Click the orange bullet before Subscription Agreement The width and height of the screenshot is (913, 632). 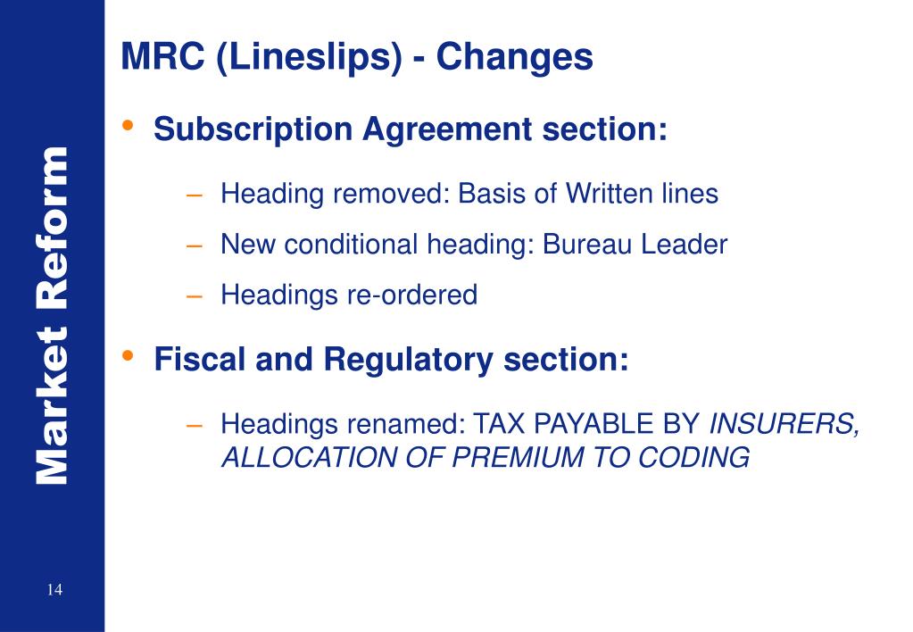tap(130, 125)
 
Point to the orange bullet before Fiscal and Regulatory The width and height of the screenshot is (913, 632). tap(130, 356)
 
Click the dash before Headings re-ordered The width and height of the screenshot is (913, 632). tap(195, 295)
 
